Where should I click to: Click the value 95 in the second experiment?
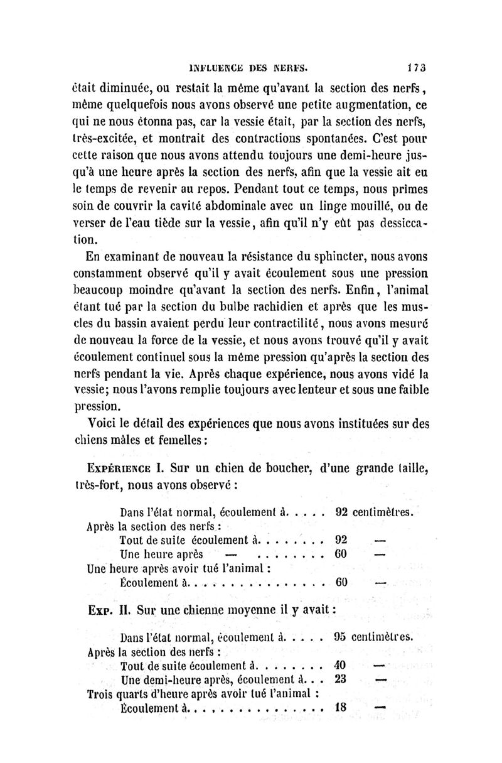click(341, 636)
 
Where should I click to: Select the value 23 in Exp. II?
click(341, 679)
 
